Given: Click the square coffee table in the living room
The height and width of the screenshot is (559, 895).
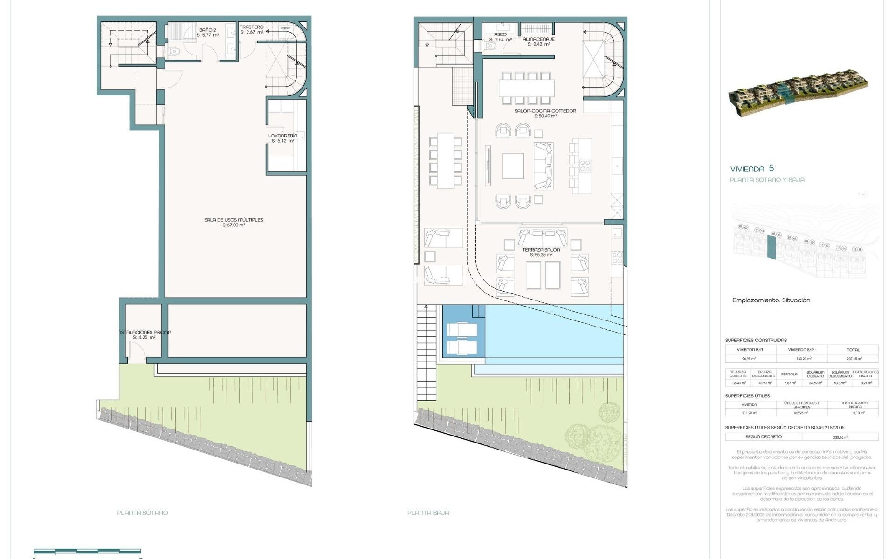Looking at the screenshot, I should click(x=513, y=166).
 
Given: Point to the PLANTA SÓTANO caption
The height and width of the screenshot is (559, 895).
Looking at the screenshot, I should click(x=142, y=512).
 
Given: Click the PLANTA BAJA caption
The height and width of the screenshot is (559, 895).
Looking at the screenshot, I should click(x=428, y=512).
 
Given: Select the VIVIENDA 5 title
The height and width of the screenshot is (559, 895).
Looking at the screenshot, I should click(x=751, y=169).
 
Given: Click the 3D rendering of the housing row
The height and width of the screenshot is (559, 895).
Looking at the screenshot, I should click(x=798, y=93).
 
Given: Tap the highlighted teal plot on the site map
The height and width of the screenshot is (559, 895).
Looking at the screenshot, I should click(x=771, y=247).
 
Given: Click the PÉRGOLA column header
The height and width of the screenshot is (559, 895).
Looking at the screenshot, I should click(x=789, y=374).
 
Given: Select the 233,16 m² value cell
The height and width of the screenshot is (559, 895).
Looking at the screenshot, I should click(x=840, y=437).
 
